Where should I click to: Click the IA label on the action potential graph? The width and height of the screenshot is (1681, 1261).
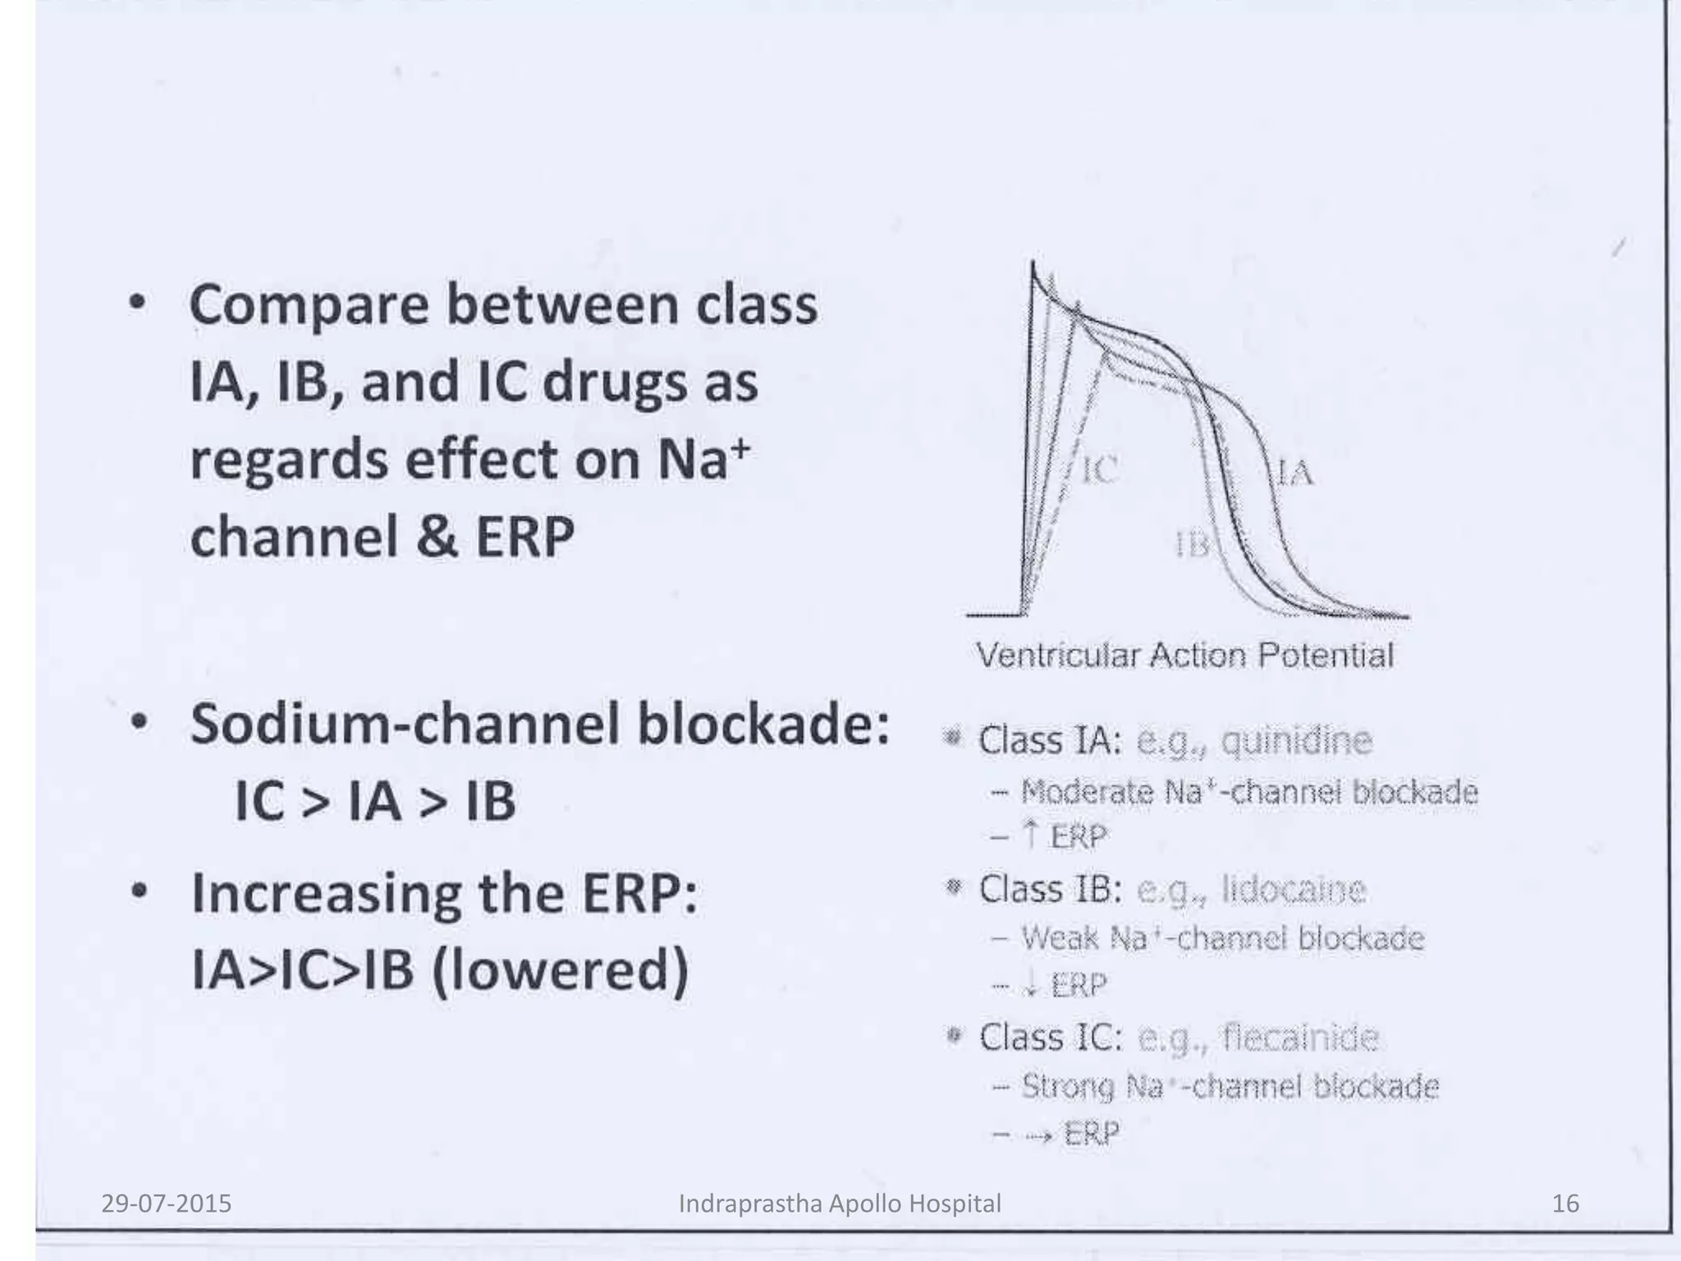pyautogui.click(x=1295, y=474)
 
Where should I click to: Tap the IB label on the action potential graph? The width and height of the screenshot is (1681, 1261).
pyautogui.click(x=1193, y=544)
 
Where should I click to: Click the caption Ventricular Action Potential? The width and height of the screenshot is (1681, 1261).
pyautogui.click(x=1184, y=655)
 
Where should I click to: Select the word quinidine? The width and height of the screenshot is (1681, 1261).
pyautogui.click(x=1296, y=741)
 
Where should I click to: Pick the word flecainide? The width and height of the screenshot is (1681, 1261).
pyautogui.click(x=1300, y=1038)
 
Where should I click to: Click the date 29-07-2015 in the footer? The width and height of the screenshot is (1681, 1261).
pyautogui.click(x=167, y=1204)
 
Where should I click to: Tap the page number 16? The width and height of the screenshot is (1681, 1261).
pyautogui.click(x=1565, y=1204)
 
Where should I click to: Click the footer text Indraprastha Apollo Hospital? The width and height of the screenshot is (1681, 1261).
pyautogui.click(x=840, y=1204)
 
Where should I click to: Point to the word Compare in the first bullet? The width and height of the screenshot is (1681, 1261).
pyautogui.click(x=309, y=305)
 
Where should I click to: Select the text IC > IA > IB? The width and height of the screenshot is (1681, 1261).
pyautogui.click(x=375, y=800)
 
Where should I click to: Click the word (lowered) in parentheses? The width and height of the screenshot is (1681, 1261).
pyautogui.click(x=560, y=970)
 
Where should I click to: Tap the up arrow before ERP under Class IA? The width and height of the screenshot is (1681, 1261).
pyautogui.click(x=1031, y=836)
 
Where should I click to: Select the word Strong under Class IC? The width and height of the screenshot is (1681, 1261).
pyautogui.click(x=1068, y=1087)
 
